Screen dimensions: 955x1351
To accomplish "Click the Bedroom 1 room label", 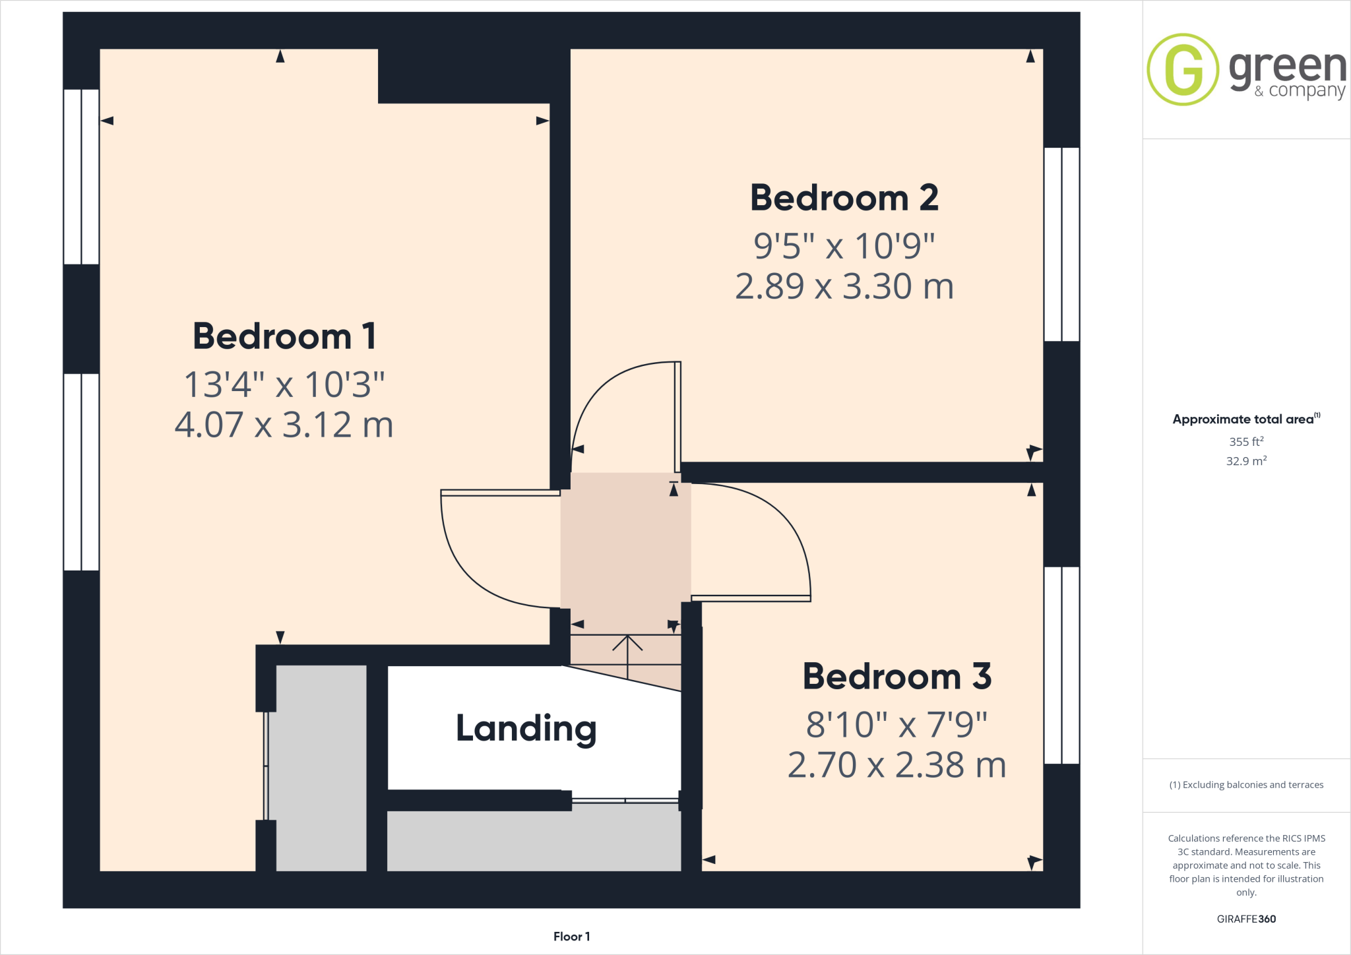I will [284, 336].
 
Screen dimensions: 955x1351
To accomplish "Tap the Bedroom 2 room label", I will [844, 198].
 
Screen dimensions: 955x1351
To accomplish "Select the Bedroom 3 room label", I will [896, 677].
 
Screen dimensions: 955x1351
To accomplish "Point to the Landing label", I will [526, 729].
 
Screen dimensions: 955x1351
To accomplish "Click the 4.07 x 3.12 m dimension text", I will [284, 425].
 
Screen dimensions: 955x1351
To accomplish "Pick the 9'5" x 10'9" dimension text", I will [844, 246].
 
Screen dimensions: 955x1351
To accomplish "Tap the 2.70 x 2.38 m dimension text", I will [896, 765].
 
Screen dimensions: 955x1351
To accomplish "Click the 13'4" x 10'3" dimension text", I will [284, 385].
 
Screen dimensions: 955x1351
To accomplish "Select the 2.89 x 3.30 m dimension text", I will [844, 286].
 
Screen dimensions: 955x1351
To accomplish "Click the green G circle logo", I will [1183, 69].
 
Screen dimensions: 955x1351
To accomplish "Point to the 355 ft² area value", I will [1246, 442].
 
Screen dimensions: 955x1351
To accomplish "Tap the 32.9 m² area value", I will [1246, 461].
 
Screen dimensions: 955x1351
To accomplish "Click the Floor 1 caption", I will [571, 937].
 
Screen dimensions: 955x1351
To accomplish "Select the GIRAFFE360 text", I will [1246, 919].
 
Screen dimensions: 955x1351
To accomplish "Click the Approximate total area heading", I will [1244, 419].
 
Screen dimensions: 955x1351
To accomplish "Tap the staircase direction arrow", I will [627, 653].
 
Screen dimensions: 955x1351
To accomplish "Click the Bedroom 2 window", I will [1061, 244].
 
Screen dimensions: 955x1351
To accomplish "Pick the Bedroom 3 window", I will [1061, 665].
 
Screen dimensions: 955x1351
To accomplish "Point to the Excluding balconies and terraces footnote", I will [1246, 785].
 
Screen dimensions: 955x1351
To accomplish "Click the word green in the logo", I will [1287, 68].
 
